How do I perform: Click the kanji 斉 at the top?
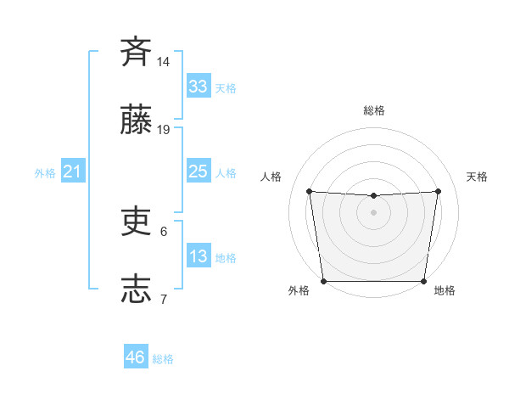136,52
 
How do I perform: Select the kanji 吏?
136,222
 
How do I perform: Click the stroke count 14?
164,62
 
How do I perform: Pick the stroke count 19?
164,130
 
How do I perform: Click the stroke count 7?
164,299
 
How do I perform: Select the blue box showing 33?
198,87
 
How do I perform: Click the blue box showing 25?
198,171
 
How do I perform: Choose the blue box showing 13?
198,256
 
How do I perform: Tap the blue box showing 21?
72,171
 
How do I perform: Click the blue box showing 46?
136,357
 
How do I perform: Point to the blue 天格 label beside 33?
226,88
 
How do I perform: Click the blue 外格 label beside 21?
45,173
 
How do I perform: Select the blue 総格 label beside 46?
163,359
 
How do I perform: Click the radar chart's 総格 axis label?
374,110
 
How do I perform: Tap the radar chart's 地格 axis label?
445,290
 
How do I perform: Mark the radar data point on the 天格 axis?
439,191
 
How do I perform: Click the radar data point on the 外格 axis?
323,281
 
